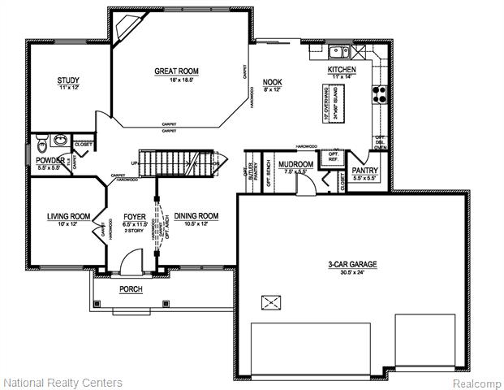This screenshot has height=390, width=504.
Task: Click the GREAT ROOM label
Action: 176,71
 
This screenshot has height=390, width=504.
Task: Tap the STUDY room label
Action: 68,80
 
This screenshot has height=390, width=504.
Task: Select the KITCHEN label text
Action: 342,71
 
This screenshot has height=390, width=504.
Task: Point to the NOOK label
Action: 272,81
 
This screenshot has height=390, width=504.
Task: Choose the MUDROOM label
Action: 295,164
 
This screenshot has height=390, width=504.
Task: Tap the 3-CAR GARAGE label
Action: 352,265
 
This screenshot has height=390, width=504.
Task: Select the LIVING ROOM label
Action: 67,215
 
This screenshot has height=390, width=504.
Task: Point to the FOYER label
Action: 134,215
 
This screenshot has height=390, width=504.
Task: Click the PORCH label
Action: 131,289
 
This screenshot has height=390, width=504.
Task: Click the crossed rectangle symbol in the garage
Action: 269,302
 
